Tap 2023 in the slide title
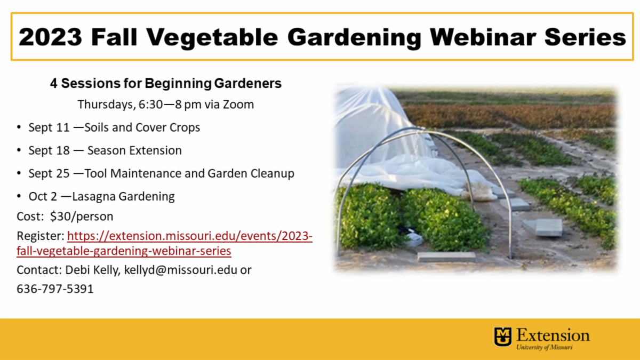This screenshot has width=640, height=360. [x=50, y=37]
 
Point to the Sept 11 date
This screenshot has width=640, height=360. [x=49, y=127]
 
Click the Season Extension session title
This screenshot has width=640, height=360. [x=134, y=150]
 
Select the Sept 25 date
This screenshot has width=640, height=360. [x=49, y=173]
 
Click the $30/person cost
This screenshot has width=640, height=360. [x=82, y=217]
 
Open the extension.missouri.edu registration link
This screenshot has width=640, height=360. [x=164, y=243]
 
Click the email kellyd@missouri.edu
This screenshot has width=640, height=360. [x=181, y=270]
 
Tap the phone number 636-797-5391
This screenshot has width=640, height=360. [x=55, y=289]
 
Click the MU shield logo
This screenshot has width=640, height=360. [x=503, y=337]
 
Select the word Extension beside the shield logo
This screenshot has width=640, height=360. [x=553, y=335]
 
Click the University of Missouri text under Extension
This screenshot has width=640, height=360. [x=545, y=347]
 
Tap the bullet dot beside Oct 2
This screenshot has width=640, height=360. [x=19, y=196]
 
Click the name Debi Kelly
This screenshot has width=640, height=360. [x=93, y=270]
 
